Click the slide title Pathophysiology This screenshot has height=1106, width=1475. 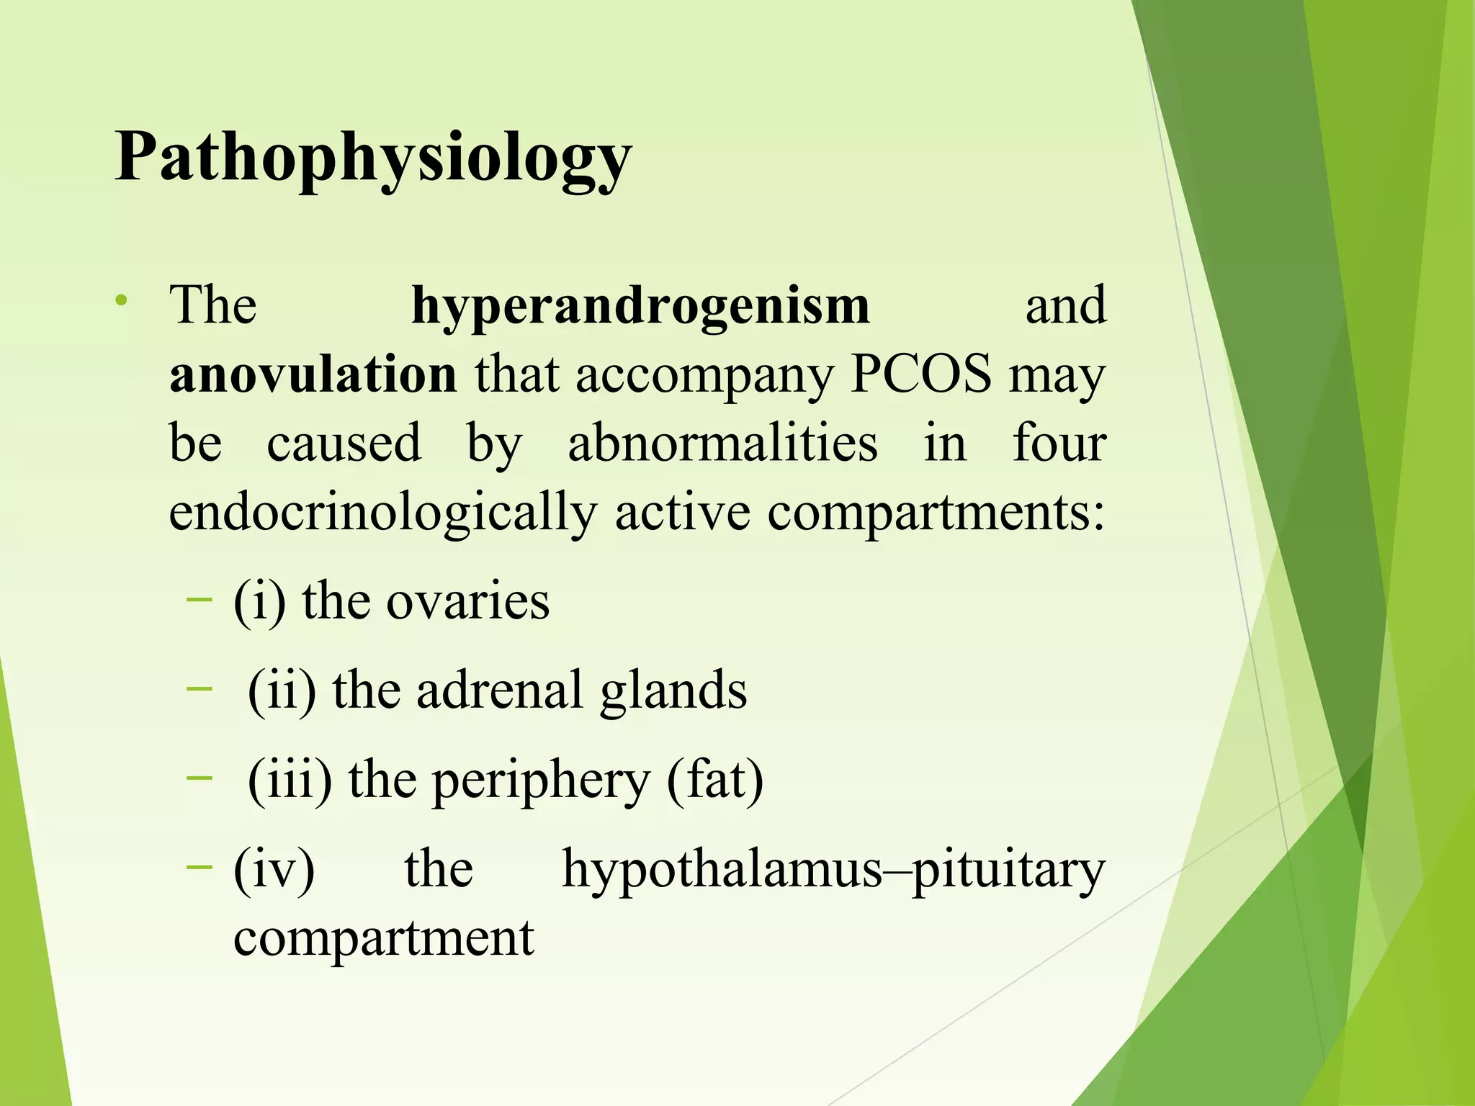[373, 158]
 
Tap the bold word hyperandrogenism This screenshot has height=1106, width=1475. [640, 305]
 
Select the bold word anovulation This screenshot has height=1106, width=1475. [313, 374]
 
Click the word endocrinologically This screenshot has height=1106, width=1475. [382, 513]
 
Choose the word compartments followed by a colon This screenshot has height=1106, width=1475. [936, 513]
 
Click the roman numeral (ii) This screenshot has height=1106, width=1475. [282, 691]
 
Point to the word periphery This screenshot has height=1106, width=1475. [541, 780]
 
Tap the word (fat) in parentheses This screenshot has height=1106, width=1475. [715, 780]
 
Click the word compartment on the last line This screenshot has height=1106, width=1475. [384, 938]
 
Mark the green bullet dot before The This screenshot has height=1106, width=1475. [124, 299]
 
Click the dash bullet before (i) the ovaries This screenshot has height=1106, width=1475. [199, 599]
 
